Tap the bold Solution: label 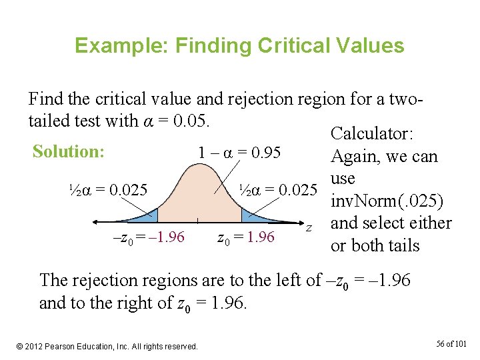[69, 151]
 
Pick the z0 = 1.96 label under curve [246, 237]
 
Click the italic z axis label [309, 229]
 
